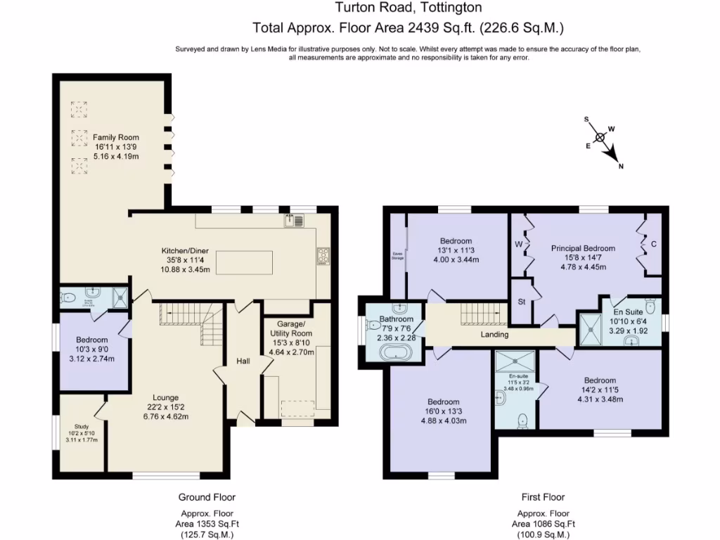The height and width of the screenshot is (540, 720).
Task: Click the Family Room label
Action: (116, 137)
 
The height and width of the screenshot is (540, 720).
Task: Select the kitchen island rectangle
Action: (244, 262)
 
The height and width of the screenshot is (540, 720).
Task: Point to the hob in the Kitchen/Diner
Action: (323, 256)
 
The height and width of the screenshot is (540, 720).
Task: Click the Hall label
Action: (243, 361)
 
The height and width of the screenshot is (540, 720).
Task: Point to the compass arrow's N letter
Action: (621, 166)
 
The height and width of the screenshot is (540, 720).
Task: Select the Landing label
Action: (494, 335)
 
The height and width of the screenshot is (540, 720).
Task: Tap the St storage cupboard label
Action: (521, 301)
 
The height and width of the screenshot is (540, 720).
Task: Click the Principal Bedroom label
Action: (583, 248)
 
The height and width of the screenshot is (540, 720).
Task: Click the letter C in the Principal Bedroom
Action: (652, 245)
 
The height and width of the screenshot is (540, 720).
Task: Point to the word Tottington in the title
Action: (449, 8)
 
